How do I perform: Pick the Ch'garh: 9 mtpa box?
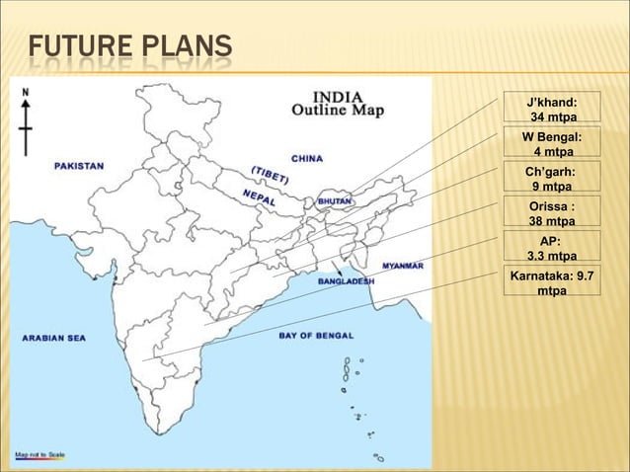tap(552, 179)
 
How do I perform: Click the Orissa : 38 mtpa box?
tap(552, 213)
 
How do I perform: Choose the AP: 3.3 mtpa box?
tap(552, 248)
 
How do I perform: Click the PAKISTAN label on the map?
tap(79, 167)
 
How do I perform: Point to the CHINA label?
tap(307, 157)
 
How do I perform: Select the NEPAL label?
tap(259, 196)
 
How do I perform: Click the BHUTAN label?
tap(333, 200)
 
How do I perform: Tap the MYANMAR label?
tap(403, 266)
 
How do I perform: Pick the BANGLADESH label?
tap(346, 280)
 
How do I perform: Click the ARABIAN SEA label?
tap(54, 338)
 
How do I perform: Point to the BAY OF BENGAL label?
tap(316, 336)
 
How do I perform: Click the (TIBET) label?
tap(270, 174)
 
